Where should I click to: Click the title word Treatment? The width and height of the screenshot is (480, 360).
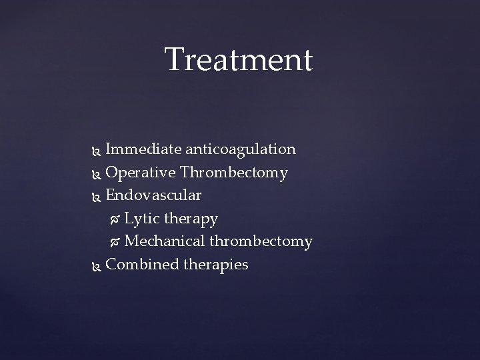pyautogui.click(x=238, y=59)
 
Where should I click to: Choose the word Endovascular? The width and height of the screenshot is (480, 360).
pyautogui.click(x=153, y=196)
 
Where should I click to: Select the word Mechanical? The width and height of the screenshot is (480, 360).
pyautogui.click(x=165, y=241)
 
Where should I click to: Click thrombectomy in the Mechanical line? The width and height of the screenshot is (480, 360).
pyautogui.click(x=261, y=241)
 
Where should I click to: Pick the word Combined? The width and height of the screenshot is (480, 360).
pyautogui.click(x=139, y=265)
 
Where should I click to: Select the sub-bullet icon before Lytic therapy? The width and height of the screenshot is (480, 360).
pyautogui.click(x=115, y=219)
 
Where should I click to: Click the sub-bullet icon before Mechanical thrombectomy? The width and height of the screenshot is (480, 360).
pyautogui.click(x=115, y=242)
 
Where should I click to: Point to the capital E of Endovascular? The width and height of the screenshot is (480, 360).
pyautogui.click(x=111, y=196)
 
